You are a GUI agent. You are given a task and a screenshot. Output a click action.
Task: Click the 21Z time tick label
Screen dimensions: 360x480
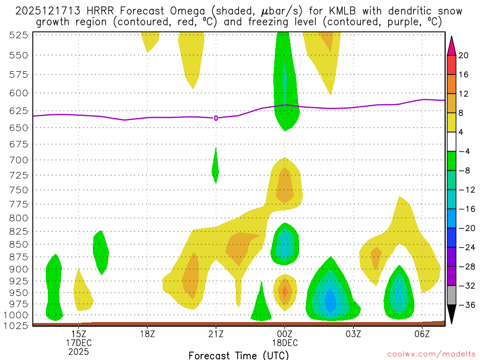216,334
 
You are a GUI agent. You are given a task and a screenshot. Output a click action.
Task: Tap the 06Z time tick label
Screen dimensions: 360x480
422,334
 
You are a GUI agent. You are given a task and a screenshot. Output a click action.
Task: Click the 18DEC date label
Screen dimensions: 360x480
285,343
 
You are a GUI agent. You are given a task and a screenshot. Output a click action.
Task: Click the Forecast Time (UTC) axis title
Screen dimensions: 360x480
239,355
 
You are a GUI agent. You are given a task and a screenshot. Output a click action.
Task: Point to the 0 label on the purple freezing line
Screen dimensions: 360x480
216,118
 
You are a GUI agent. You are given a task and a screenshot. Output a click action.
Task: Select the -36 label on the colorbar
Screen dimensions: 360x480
464,305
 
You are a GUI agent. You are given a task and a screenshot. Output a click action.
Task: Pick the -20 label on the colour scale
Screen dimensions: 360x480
464,228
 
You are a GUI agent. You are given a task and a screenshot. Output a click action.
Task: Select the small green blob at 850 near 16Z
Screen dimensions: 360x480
101,252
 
